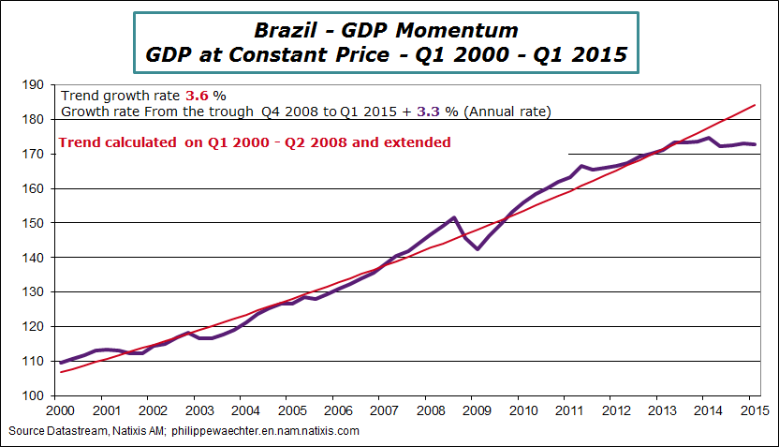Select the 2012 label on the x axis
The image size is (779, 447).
click(613, 410)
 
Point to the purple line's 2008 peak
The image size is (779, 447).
click(453, 217)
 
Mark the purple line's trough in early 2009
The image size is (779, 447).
click(477, 249)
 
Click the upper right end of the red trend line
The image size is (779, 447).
click(755, 105)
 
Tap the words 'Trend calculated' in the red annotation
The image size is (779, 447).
click(115, 142)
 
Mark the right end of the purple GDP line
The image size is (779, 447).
click(755, 144)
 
